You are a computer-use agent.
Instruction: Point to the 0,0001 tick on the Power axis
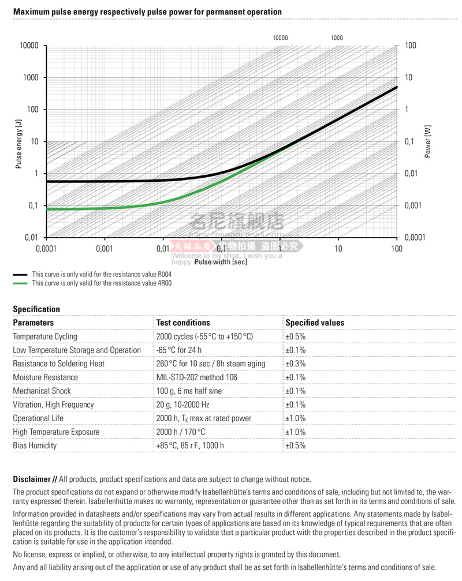pyautogui.click(x=415, y=238)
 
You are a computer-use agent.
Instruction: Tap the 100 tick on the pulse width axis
pyautogui.click(x=396, y=249)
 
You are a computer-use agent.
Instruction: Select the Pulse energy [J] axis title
pyautogui.click(x=19, y=142)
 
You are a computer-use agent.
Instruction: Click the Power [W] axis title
pyautogui.click(x=428, y=142)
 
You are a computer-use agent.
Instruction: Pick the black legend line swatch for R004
pyautogui.click(x=20, y=275)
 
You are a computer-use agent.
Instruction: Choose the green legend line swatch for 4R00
pyautogui.click(x=20, y=283)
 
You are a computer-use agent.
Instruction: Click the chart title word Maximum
pyautogui.click(x=29, y=12)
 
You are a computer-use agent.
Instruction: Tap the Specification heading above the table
pyautogui.click(x=36, y=309)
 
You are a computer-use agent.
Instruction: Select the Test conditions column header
pyautogui.click(x=183, y=323)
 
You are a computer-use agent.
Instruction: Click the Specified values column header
pyautogui.click(x=315, y=323)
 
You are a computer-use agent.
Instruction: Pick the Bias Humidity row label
pyautogui.click(x=37, y=445)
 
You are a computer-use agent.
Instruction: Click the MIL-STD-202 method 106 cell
pyautogui.click(x=198, y=377)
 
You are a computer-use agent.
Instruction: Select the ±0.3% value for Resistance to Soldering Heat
pyautogui.click(x=295, y=363)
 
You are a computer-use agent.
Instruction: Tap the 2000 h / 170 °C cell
pyautogui.click(x=181, y=432)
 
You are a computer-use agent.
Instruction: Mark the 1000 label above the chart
pyautogui.click(x=337, y=38)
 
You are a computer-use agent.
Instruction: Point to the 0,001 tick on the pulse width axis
pyautogui.click(x=105, y=249)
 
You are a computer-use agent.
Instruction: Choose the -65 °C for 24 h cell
pyautogui.click(x=179, y=350)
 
